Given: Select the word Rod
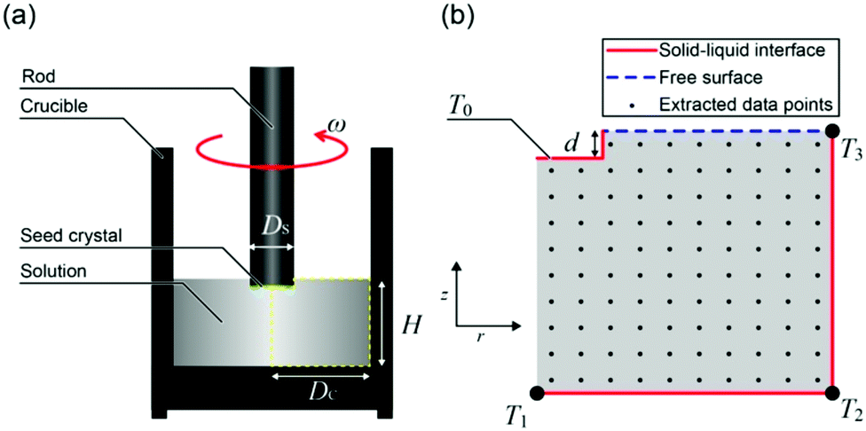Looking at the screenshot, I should (x=36, y=75).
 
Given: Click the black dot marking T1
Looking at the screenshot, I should (x=536, y=392).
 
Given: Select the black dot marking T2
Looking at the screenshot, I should (x=831, y=392).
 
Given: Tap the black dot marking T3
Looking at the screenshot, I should (x=831, y=131).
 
